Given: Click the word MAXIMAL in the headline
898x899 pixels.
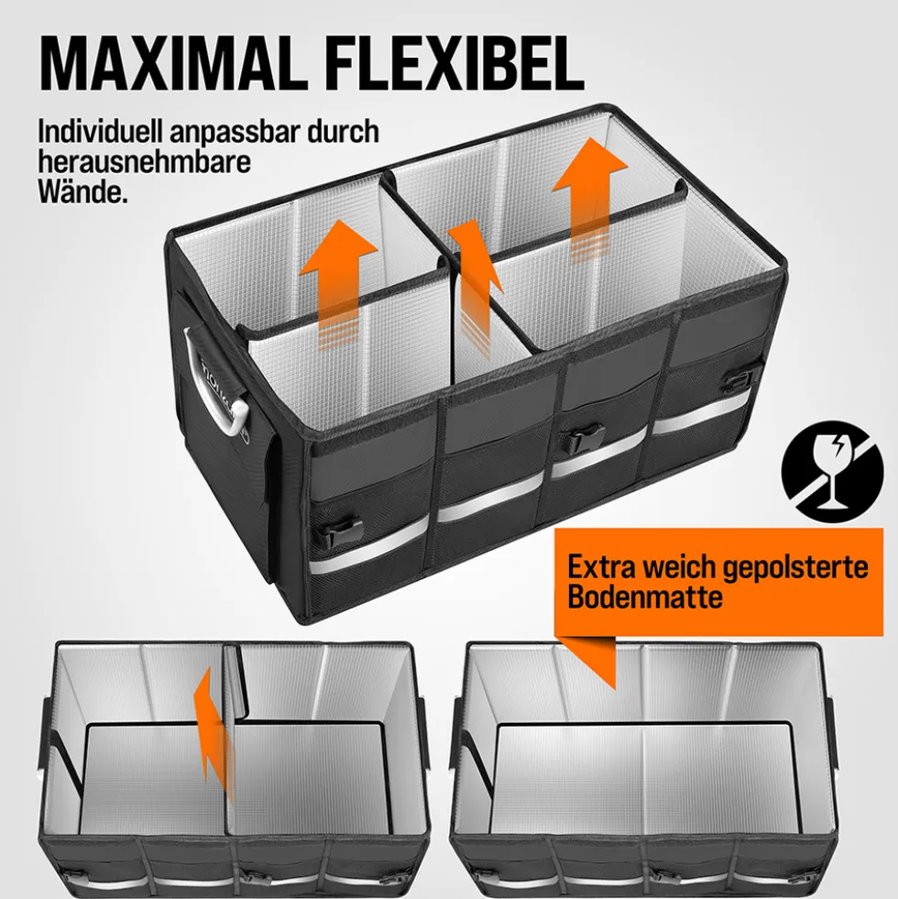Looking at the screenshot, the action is (171, 62).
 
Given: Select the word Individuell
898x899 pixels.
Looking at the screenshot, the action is (100, 131).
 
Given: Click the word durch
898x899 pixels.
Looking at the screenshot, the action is (344, 131).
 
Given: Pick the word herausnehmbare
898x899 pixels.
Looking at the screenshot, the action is (145, 161).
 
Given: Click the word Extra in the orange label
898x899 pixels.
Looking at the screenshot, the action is (601, 566).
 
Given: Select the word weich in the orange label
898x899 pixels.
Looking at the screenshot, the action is (679, 566).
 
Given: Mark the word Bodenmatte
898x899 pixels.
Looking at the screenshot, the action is (644, 597).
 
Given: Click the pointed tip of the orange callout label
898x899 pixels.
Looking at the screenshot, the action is (614, 688).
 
